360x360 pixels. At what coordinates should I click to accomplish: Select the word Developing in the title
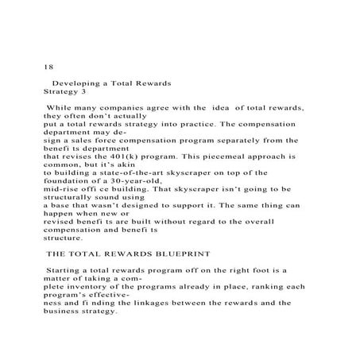pyautogui.click(x=76, y=83)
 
